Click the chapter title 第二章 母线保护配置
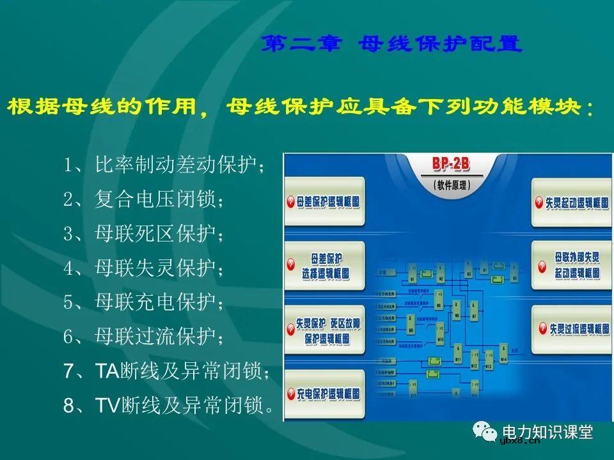392,45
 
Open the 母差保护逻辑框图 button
326,202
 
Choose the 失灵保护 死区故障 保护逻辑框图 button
326,328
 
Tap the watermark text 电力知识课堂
548,433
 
